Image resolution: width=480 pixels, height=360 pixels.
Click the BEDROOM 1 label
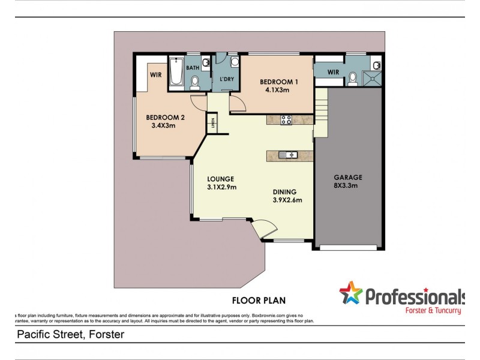pos(278,82)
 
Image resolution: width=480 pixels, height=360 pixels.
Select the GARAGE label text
pos(348,178)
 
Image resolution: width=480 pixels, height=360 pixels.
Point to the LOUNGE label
pos(220,179)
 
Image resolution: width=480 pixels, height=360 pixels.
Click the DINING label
pos(287,193)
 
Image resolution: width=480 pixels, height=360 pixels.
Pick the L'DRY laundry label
pos(226,80)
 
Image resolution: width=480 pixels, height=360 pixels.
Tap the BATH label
pos(192,68)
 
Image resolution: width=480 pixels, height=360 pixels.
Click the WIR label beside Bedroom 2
pos(155,75)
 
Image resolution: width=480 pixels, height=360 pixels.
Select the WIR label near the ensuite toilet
pos(334,73)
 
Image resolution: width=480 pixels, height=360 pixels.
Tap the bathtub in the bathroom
pos(176,73)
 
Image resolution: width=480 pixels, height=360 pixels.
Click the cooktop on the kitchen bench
pos(286,119)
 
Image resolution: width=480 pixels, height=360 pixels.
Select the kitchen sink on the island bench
pos(290,155)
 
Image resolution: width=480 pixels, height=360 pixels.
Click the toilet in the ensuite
pos(353,77)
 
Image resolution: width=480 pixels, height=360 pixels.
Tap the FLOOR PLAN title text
pos(259,299)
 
